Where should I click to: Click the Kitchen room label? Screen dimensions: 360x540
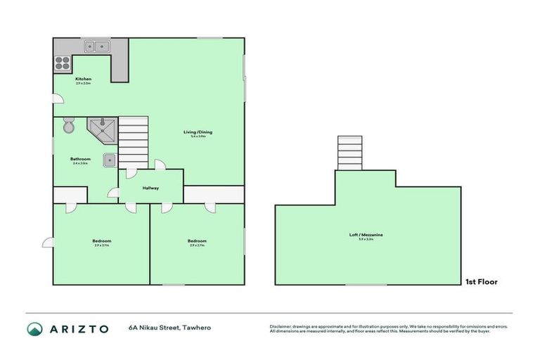83,79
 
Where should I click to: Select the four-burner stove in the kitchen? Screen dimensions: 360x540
63,61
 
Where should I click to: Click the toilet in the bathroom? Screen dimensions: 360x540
68,127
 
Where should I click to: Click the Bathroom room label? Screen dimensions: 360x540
80,159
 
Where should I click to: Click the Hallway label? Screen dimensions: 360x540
151,188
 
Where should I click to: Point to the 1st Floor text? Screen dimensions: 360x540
482,282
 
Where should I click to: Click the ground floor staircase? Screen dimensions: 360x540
133,142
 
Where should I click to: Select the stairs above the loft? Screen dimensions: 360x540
349,153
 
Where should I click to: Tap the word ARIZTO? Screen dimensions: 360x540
79,328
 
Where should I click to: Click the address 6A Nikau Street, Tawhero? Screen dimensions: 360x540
169,328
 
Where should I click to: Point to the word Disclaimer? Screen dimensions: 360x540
280,326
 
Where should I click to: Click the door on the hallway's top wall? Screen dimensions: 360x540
160,165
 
